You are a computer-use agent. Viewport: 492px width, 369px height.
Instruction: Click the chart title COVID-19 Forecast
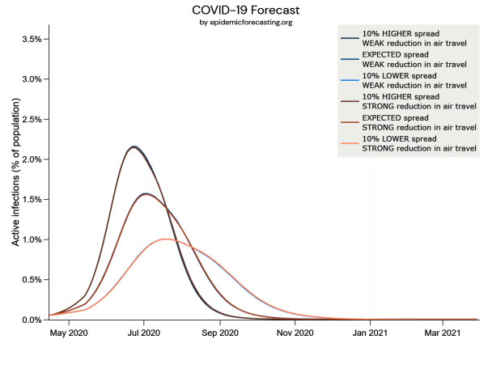pyautogui.click(x=246, y=10)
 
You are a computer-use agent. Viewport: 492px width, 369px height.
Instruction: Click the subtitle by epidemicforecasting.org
pyautogui.click(x=246, y=22)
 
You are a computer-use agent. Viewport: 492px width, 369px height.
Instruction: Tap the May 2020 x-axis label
pyautogui.click(x=69, y=333)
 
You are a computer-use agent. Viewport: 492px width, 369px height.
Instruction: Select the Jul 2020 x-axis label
pyautogui.click(x=143, y=333)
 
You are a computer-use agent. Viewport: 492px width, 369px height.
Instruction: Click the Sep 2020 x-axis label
pyautogui.click(x=219, y=333)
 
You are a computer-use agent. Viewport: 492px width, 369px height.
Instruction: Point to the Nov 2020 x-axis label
pyautogui.click(x=295, y=333)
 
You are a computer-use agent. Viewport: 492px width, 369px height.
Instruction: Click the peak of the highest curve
pyautogui.click(x=134, y=146)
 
